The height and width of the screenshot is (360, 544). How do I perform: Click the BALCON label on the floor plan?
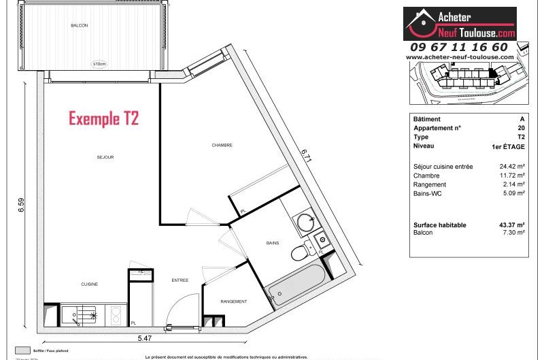pos(80,25)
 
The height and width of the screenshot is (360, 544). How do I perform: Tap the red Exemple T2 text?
pos(103,118)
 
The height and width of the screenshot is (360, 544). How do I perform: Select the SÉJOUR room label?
pos(105,157)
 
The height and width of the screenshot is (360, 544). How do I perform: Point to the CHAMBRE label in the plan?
pos(222,145)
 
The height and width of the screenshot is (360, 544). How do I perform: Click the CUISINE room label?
pos(90,284)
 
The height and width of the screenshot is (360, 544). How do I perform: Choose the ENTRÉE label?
pos(180,280)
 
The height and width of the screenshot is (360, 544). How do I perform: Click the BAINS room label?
pos(274,242)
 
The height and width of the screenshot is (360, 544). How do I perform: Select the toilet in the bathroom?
pos(299,253)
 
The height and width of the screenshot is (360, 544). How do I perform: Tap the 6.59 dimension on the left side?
pos(30,206)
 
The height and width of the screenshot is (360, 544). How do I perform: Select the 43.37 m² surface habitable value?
pos(512,225)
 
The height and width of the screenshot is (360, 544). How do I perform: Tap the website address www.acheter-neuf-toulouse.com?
pos(459,57)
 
